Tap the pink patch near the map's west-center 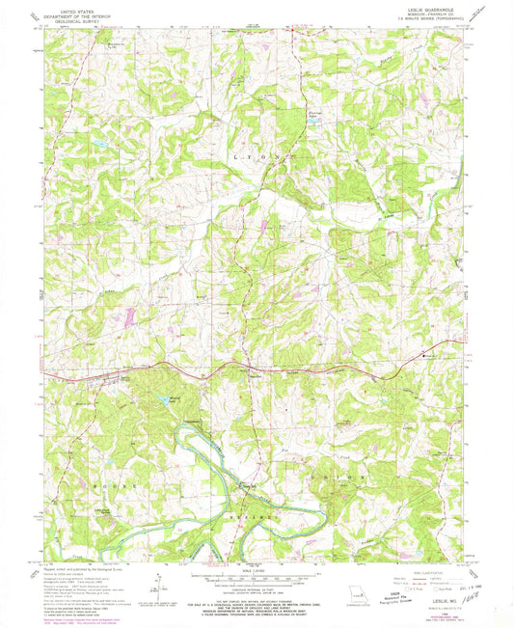tap(124, 315)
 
